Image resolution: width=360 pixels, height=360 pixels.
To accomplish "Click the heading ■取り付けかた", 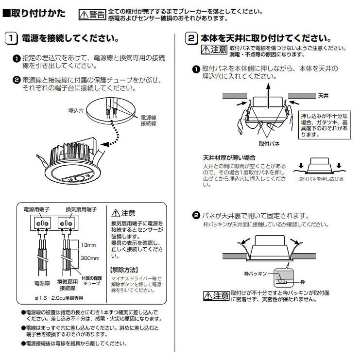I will click(x=34, y=13).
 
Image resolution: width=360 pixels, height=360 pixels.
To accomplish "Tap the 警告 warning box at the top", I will click(x=92, y=15).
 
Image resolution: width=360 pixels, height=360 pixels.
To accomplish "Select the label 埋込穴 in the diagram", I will click(x=76, y=111).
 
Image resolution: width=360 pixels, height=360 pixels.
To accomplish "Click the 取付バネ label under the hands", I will click(x=269, y=144).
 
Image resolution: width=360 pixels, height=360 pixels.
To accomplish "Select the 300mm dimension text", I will click(x=90, y=258).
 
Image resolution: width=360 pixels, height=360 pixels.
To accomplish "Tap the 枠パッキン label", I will click(x=256, y=274).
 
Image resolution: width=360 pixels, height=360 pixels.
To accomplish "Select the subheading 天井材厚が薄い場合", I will click(x=229, y=158).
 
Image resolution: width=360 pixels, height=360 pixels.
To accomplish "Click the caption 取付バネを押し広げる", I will click(x=320, y=179).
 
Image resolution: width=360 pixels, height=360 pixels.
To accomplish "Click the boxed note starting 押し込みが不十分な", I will click(x=324, y=125).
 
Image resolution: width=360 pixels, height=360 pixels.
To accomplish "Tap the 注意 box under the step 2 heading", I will click(x=214, y=50).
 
